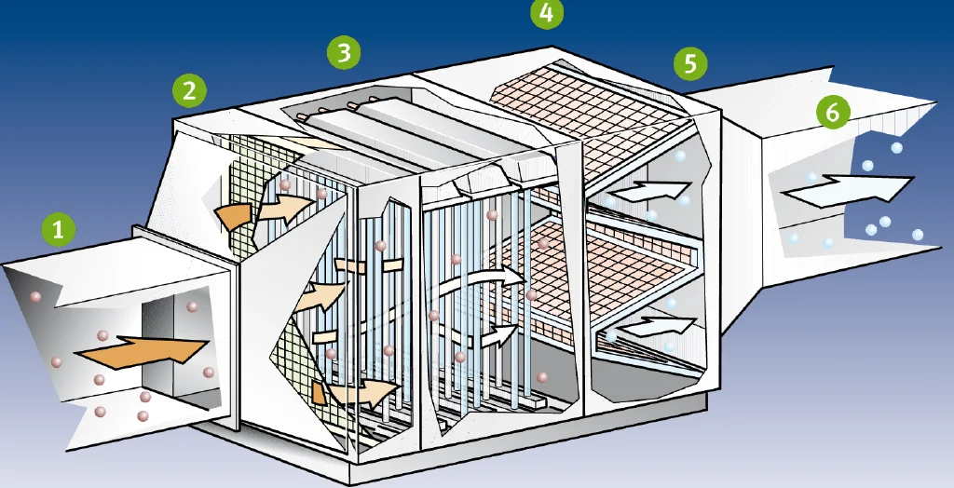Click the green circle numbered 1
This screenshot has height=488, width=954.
tap(59, 230)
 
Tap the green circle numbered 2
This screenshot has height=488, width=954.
tap(189, 91)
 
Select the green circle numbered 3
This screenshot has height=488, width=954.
tap(344, 52)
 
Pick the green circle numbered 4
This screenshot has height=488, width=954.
tap(546, 13)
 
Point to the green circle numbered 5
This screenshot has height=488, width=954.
tap(690, 63)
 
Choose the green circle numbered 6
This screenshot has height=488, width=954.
tap(833, 112)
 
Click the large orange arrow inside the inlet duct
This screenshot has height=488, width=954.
tap(143, 352)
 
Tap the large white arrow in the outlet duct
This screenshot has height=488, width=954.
tap(848, 190)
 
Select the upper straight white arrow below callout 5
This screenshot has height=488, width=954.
tap(648, 190)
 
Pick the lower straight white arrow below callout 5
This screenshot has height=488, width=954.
tap(660, 326)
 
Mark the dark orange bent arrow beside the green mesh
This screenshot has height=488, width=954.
tap(234, 217)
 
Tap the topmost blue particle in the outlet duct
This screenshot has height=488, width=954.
tap(896, 148)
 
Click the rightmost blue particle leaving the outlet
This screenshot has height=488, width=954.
tap(918, 235)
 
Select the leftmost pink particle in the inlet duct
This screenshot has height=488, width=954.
tap(36, 297)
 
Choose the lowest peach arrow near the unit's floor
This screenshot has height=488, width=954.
tap(364, 392)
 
